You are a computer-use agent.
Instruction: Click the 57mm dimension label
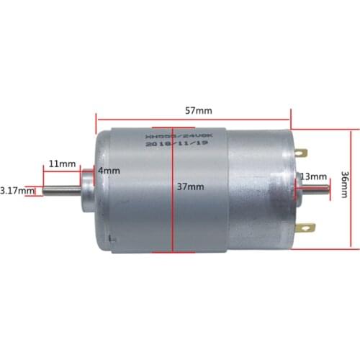tap(199, 112)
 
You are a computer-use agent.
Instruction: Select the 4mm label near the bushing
tap(109, 171)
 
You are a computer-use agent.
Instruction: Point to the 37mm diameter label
tap(190, 186)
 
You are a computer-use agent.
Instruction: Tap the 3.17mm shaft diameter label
tap(17, 191)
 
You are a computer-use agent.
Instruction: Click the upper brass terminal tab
tap(302, 153)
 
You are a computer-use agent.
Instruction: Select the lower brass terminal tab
tap(307, 230)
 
